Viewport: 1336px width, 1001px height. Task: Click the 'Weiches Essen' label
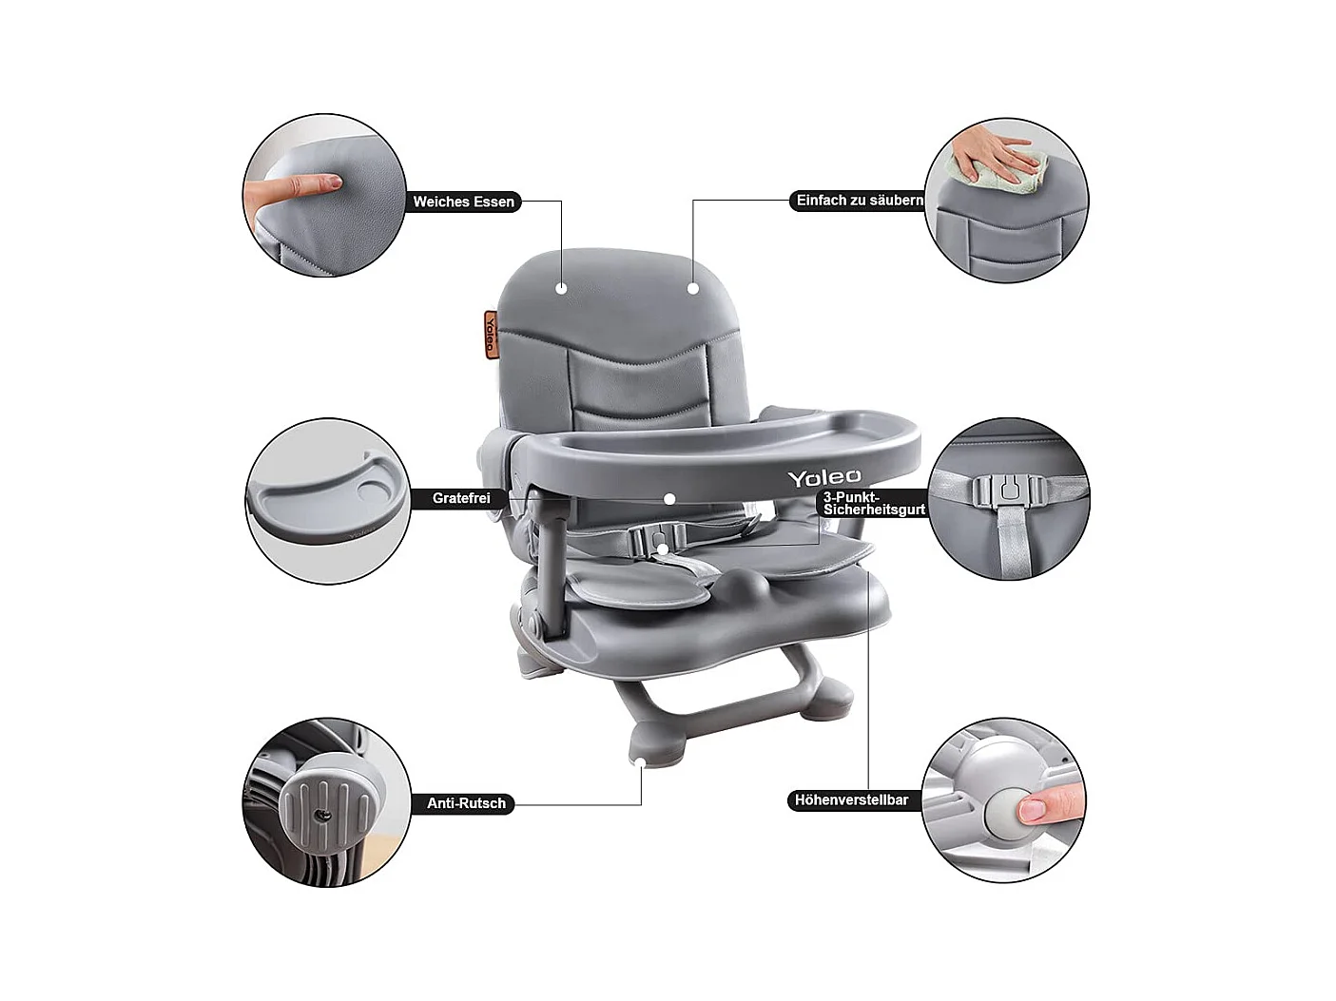(464, 202)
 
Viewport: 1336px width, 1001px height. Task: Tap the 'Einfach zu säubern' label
(860, 201)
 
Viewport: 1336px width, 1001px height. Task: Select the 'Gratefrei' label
(461, 498)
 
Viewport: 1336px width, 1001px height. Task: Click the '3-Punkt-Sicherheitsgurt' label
(874, 503)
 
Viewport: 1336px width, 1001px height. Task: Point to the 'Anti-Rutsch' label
(466, 803)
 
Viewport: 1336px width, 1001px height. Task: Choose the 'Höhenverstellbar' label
(851, 799)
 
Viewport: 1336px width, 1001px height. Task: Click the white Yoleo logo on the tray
(824, 477)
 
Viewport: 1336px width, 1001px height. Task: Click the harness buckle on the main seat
(656, 538)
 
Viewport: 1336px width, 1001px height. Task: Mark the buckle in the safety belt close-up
(1009, 491)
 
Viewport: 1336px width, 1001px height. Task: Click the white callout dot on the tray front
(669, 499)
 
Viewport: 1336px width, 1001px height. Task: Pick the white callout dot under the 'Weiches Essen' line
(561, 288)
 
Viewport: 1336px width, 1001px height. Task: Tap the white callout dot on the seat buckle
(663, 549)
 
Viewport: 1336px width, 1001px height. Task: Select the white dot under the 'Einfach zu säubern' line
(692, 288)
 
